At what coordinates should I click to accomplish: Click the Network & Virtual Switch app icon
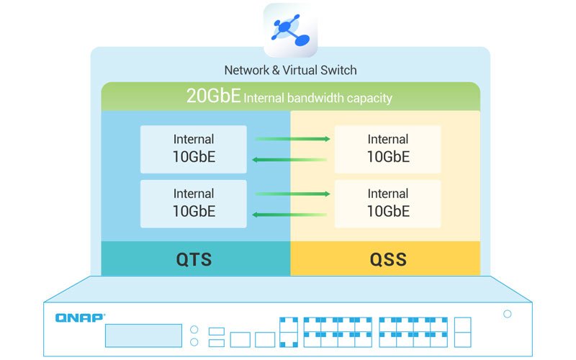pyautogui.click(x=290, y=30)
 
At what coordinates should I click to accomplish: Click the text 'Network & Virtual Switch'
pyautogui.click(x=290, y=70)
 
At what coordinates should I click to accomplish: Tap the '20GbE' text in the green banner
pyautogui.click(x=213, y=96)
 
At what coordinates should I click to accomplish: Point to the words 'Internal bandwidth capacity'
pyautogui.click(x=318, y=97)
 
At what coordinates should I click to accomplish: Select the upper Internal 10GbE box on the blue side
pyautogui.click(x=193, y=149)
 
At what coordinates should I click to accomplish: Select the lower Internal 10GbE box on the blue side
pyautogui.click(x=193, y=203)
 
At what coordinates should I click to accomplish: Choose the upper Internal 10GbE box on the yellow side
pyautogui.click(x=388, y=149)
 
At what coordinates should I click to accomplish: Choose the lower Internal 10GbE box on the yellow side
pyautogui.click(x=388, y=203)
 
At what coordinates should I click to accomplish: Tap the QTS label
pyautogui.click(x=194, y=259)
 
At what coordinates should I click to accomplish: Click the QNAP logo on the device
pyautogui.click(x=80, y=316)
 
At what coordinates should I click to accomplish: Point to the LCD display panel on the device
pyautogui.click(x=143, y=336)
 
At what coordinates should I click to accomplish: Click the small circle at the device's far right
pyautogui.click(x=508, y=314)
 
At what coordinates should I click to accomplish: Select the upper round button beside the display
pyautogui.click(x=194, y=330)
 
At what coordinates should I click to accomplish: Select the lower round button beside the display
pyautogui.click(x=194, y=343)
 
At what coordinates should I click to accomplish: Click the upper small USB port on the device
pyautogui.click(x=216, y=331)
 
